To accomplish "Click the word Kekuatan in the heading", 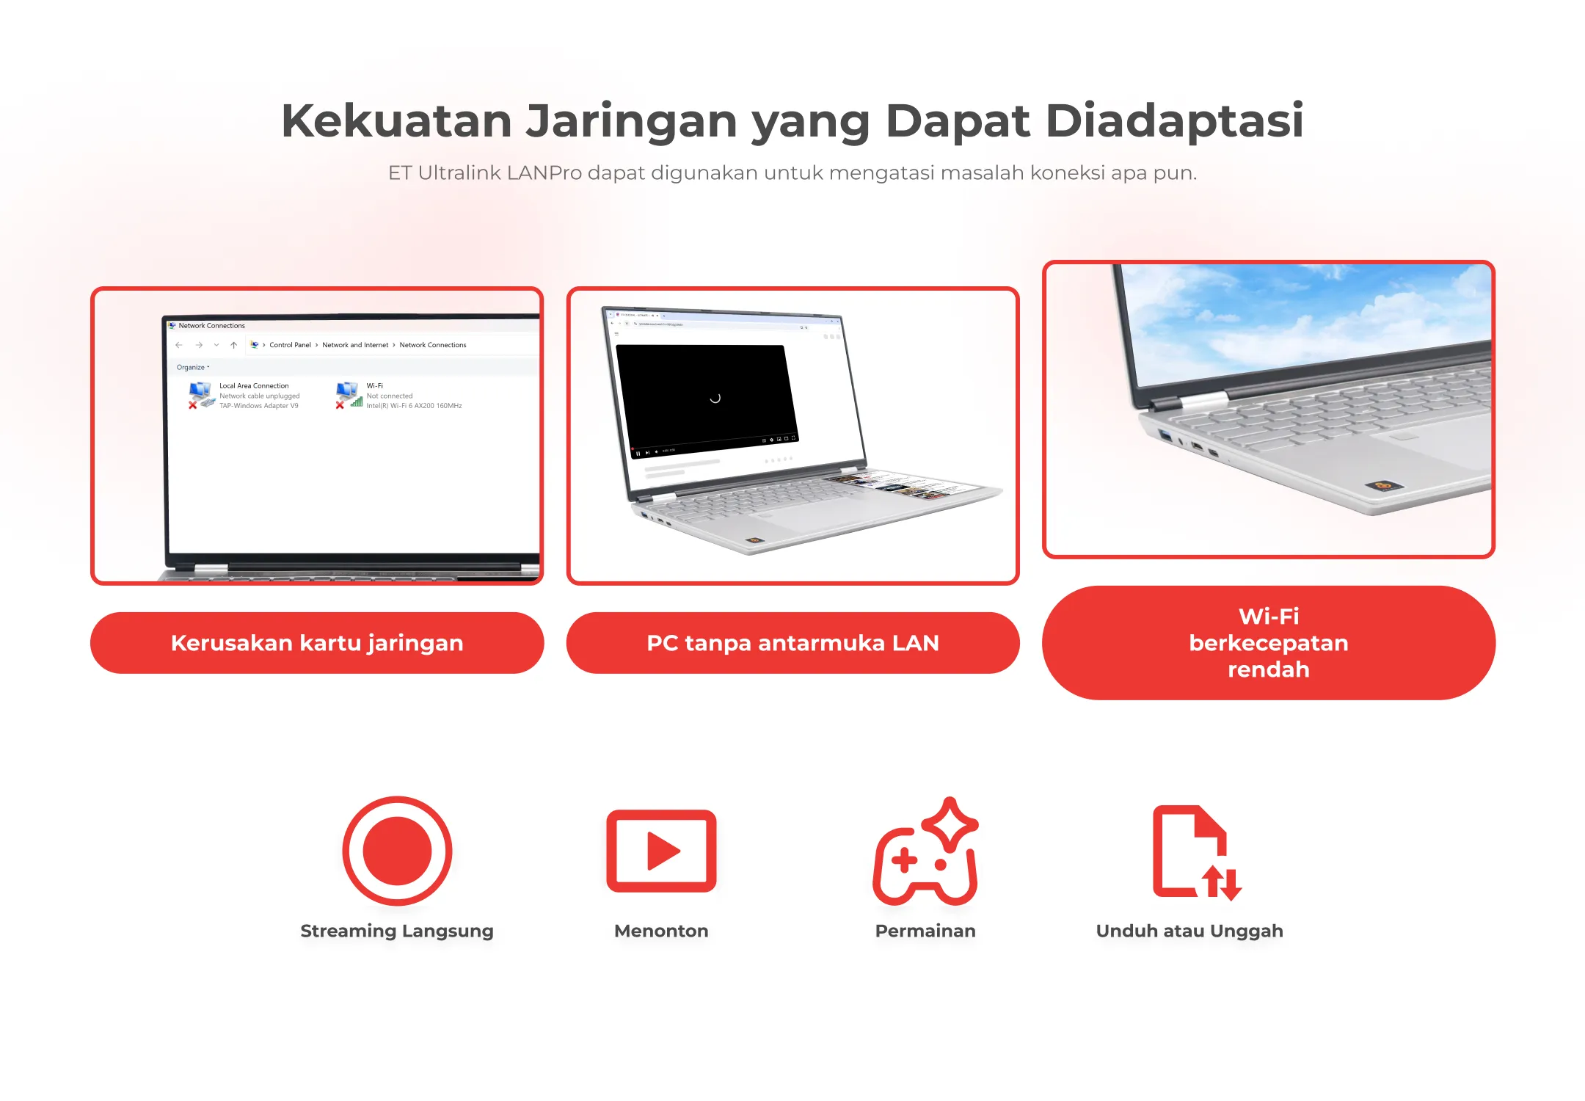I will [396, 120].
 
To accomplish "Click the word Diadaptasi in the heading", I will [1174, 120].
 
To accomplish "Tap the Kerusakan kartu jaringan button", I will [317, 643].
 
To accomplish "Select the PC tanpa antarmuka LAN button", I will [792, 643].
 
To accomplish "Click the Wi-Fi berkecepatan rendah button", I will [1268, 643].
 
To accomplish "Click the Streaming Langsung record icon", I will [397, 851].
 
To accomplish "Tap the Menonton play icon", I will [661, 851].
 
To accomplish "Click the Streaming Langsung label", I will [397, 931].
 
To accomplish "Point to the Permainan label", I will [925, 931].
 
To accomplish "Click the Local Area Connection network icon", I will [201, 395].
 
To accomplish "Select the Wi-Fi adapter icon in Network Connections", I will [349, 395].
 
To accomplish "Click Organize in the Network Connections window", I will [191, 367].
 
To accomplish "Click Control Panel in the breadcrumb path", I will [290, 345].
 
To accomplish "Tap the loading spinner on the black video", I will [715, 398].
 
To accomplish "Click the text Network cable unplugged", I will [259, 396].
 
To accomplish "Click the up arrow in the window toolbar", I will [233, 345].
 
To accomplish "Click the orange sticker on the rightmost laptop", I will [1383, 485].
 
